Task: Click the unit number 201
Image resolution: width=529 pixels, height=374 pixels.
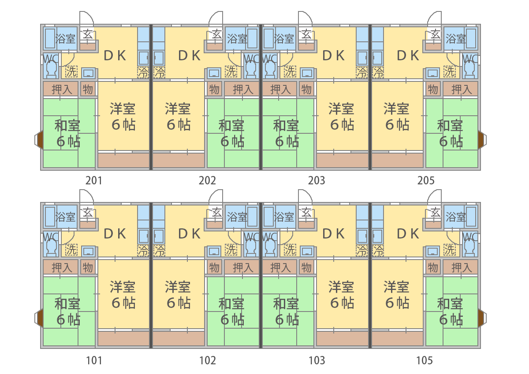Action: (94, 180)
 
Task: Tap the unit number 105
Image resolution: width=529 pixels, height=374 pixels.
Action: (425, 361)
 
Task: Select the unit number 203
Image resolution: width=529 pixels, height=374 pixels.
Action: (317, 180)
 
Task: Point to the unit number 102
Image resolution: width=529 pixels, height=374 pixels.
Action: (208, 361)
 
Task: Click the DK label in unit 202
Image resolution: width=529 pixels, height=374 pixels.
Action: (190, 56)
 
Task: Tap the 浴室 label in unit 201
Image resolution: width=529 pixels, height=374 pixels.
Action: (66, 39)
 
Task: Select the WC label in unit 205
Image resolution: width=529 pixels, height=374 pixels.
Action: (470, 59)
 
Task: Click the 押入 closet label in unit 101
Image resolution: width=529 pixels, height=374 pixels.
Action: (62, 267)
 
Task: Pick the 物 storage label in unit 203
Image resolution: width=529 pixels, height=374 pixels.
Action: (306, 89)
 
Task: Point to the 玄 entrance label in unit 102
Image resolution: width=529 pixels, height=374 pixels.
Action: (216, 213)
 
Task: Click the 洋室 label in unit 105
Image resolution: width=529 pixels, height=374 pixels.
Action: (397, 287)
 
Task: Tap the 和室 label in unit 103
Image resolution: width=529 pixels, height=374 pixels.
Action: (286, 304)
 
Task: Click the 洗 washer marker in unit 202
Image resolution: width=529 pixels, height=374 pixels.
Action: (231, 71)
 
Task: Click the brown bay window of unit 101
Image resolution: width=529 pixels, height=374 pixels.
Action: (39, 318)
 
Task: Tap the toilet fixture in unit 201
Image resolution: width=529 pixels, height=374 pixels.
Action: (51, 69)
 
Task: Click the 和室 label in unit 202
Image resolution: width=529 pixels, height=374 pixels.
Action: (231, 126)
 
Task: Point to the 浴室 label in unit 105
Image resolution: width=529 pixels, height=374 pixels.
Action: (455, 216)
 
